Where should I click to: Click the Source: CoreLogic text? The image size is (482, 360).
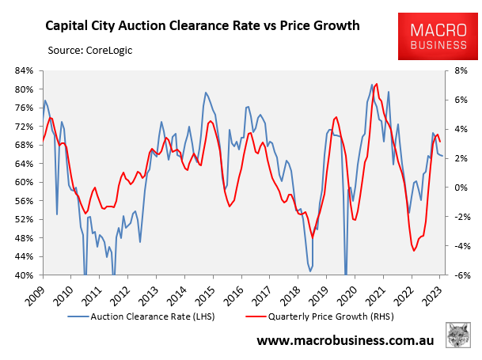click(x=90, y=51)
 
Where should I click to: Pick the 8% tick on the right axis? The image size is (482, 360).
click(x=457, y=70)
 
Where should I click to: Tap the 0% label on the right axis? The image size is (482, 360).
click(x=457, y=188)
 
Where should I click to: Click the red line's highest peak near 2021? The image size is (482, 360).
click(x=377, y=83)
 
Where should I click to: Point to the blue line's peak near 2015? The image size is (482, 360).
click(x=206, y=93)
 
